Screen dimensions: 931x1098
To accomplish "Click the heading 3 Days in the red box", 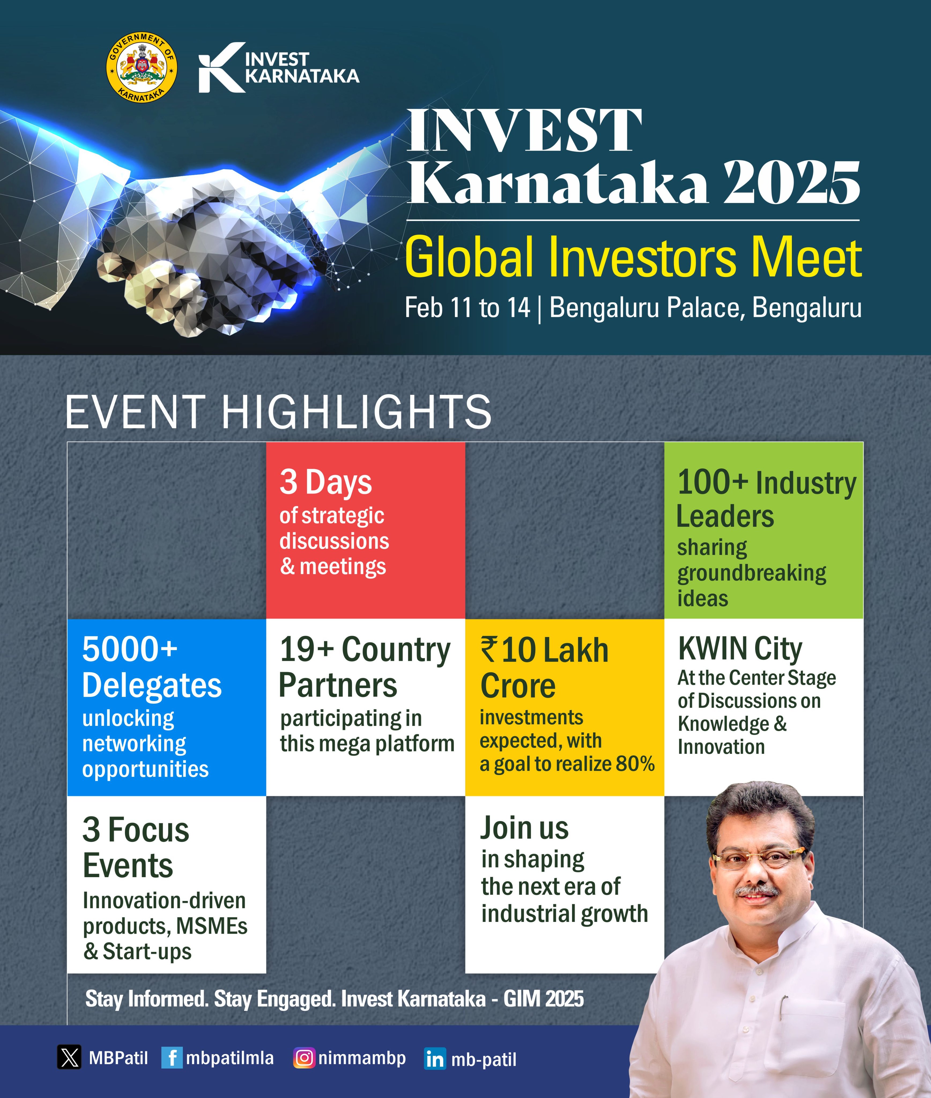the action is pyautogui.click(x=326, y=482).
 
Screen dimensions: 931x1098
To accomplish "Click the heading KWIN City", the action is pyautogui.click(x=740, y=649).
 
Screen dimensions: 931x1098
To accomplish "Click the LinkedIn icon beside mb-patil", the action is pyautogui.click(x=435, y=1059).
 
